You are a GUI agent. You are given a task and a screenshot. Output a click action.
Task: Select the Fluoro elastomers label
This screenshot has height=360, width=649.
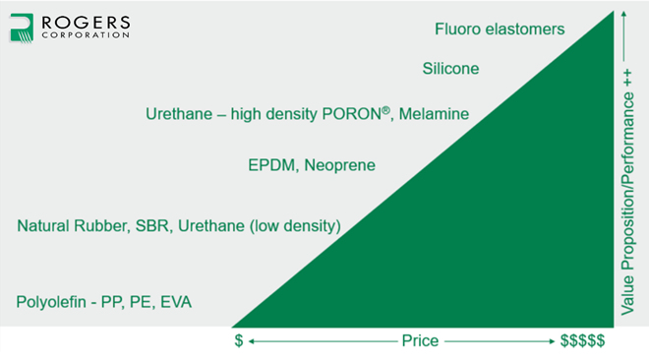tap(500, 29)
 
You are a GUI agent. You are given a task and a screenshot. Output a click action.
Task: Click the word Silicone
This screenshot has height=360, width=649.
tap(450, 69)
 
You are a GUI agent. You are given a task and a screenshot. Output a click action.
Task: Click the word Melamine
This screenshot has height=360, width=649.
tap(433, 114)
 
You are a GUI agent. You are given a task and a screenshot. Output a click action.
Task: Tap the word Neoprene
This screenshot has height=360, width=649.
tap(341, 165)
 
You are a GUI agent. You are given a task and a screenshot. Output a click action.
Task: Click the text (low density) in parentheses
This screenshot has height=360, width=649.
tap(294, 227)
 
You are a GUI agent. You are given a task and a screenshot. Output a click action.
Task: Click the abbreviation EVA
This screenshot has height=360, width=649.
tap(173, 301)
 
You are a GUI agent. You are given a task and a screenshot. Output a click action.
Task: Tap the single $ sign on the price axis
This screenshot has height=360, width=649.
tap(239, 341)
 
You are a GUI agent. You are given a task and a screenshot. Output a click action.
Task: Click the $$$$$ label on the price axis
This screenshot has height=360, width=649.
tap(582, 341)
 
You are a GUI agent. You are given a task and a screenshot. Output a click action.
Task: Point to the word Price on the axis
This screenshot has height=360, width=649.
tap(420, 341)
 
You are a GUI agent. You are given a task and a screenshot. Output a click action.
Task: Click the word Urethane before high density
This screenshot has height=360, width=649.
tap(180, 114)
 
